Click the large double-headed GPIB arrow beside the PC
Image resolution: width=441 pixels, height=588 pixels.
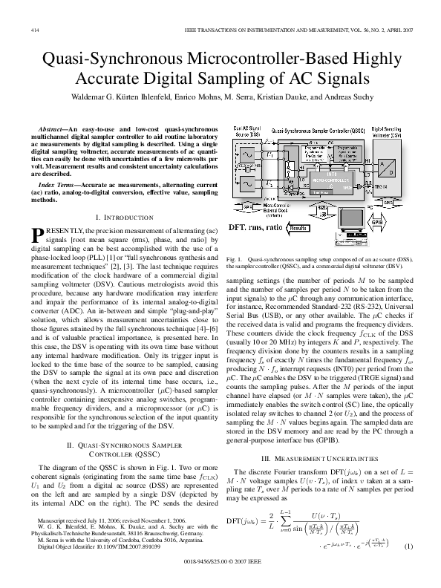pos(378,221)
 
